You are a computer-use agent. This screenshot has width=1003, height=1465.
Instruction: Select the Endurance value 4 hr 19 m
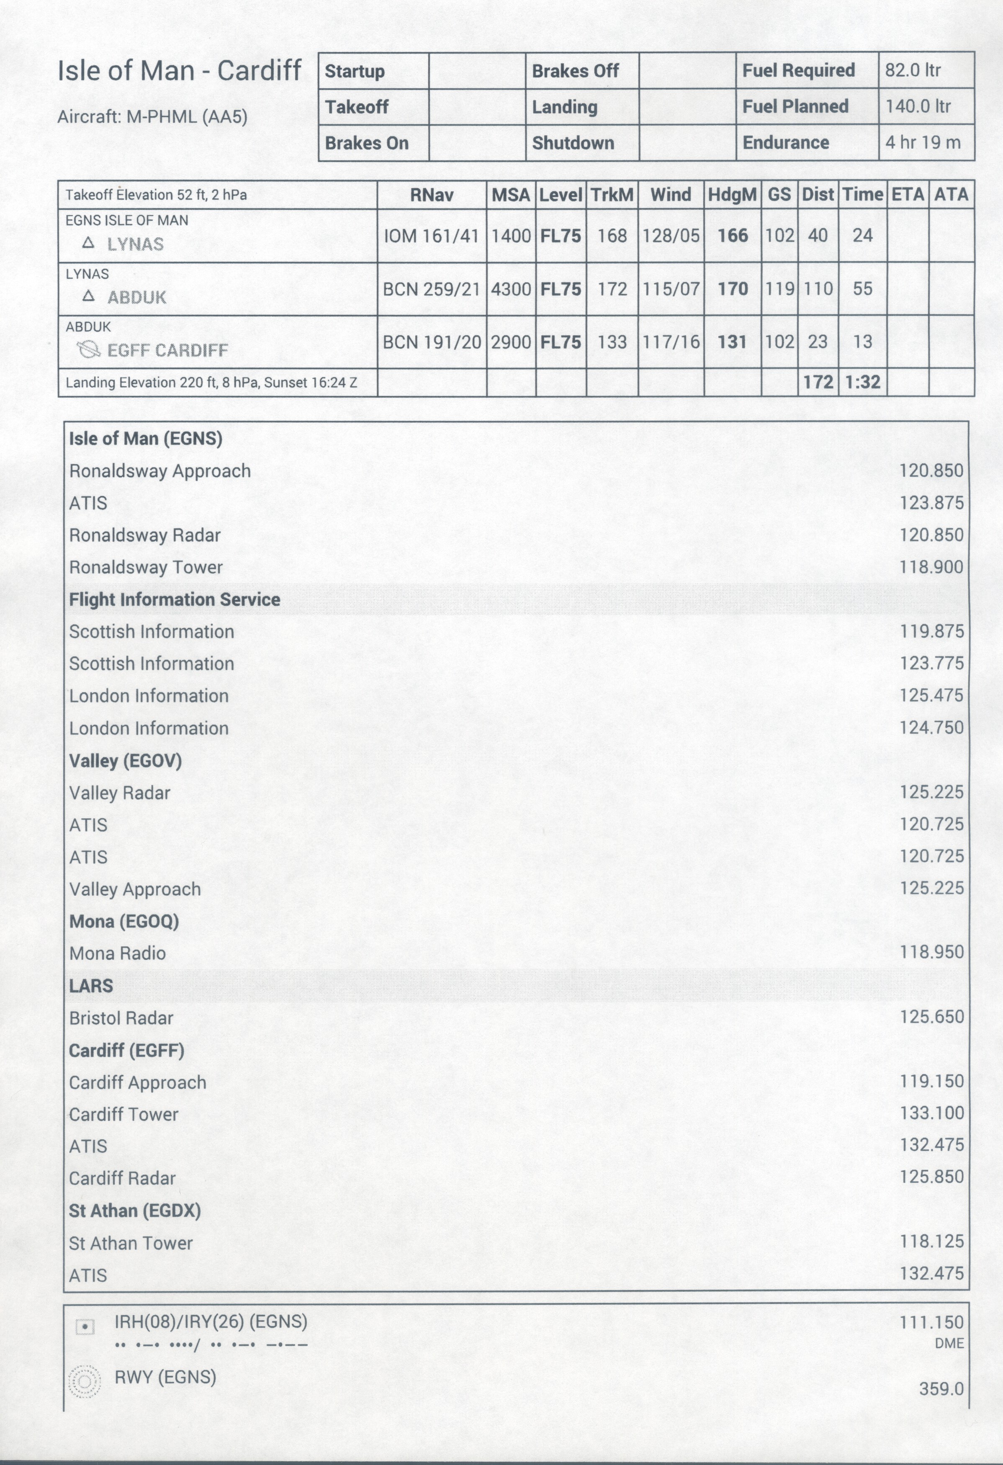(922, 142)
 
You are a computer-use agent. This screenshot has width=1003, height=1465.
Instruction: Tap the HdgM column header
(732, 195)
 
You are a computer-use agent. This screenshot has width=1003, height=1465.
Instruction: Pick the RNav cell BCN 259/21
(432, 289)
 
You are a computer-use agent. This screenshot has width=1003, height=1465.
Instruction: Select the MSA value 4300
(511, 289)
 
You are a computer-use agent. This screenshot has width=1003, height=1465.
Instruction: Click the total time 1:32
(862, 382)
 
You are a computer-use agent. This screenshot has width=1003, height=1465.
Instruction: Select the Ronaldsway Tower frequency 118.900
(931, 567)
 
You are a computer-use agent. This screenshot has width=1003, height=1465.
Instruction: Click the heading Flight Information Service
(175, 599)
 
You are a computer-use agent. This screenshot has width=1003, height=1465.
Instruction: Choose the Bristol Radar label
(121, 1018)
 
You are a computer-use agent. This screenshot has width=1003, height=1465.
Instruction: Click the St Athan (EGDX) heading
(135, 1211)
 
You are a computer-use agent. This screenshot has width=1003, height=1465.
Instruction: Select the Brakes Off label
(575, 71)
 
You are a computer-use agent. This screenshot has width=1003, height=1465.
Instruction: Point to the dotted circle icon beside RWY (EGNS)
(85, 1382)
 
